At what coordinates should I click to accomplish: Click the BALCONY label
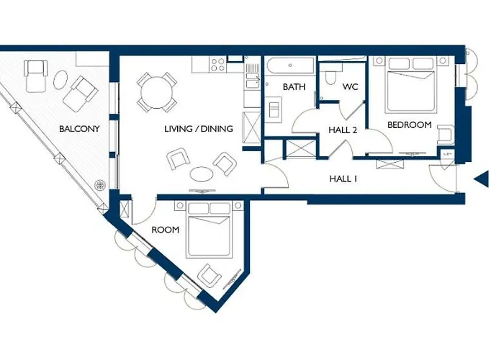[79, 129]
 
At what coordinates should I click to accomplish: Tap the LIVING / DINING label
[198, 129]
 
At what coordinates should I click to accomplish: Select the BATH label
[294, 87]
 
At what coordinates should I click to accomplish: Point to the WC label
[350, 87]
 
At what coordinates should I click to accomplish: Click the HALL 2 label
[343, 130]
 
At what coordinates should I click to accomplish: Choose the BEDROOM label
[409, 125]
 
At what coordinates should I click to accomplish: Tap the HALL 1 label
[343, 179]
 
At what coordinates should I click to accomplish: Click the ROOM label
[165, 230]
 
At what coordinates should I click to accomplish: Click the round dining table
[157, 92]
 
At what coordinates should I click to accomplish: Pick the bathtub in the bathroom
[290, 66]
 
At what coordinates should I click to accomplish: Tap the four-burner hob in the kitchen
[217, 64]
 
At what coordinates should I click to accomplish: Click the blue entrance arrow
[482, 179]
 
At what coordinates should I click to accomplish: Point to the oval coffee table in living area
[201, 174]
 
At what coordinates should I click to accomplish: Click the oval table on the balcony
[60, 79]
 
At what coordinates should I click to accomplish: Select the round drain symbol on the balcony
[100, 185]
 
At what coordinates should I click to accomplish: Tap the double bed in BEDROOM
[411, 84]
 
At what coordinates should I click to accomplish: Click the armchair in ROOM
[210, 276]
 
